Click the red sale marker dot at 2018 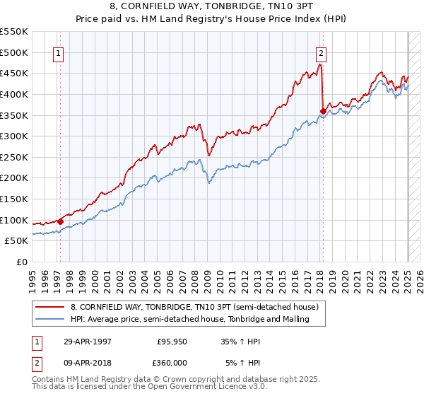(323, 110)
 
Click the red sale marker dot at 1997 (60, 221)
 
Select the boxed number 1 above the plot (57, 52)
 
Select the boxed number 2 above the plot (321, 52)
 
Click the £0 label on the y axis (21, 262)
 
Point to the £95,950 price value (170, 342)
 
